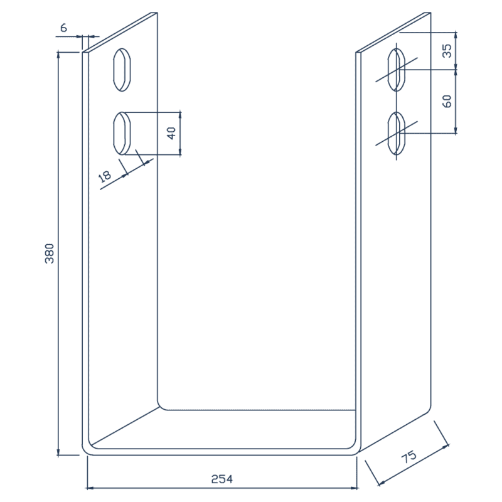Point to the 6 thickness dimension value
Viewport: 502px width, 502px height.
(x=64, y=28)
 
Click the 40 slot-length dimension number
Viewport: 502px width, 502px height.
(x=171, y=132)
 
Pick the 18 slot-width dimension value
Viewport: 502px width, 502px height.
(x=105, y=176)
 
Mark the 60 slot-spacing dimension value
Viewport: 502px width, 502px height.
(x=447, y=101)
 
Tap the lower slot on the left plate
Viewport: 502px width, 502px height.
(x=122, y=133)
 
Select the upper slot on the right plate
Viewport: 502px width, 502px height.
(x=397, y=69)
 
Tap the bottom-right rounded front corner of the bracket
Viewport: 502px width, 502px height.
(x=355, y=447)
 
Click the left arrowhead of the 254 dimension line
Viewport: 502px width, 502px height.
(x=88, y=487)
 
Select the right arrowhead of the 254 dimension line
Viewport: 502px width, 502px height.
(x=355, y=487)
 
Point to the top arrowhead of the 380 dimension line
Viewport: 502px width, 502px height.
(x=58, y=55)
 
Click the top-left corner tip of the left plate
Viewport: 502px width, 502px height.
(x=83, y=52)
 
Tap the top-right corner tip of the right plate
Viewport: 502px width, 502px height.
(x=431, y=12)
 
